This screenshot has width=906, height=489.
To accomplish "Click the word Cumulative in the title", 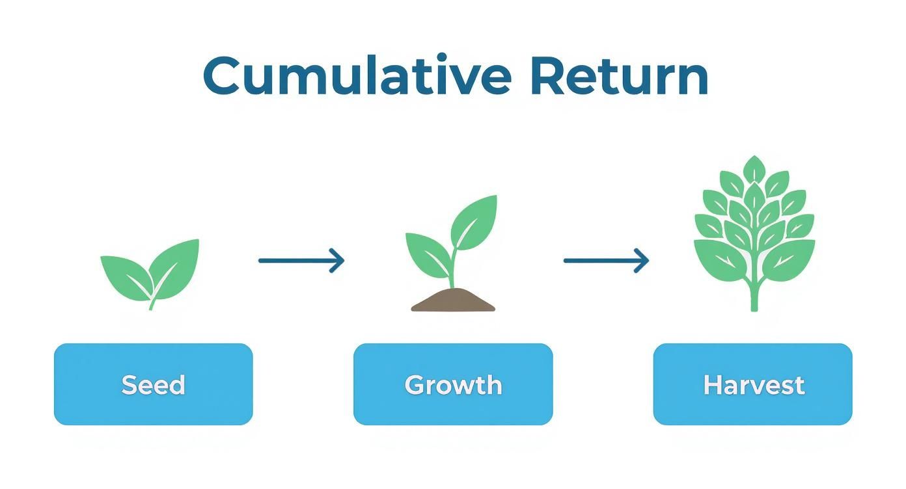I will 357,76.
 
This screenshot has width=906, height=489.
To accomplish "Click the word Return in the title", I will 618,76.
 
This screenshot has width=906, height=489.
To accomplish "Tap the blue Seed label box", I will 153,384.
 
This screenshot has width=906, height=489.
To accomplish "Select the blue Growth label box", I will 453,384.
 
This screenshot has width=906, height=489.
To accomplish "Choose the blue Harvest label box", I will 753,384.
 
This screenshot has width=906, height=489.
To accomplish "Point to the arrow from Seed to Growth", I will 301,261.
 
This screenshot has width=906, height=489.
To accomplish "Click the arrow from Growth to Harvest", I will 605,261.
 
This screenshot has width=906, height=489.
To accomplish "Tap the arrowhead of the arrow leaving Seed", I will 338,261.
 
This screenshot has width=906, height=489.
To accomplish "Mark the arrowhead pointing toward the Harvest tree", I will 642,261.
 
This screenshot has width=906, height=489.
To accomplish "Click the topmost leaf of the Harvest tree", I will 754,169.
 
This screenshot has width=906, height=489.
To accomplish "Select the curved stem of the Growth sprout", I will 451,273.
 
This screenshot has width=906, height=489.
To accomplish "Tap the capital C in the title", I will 225,76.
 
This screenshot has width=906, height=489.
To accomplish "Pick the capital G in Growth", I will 415,384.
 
